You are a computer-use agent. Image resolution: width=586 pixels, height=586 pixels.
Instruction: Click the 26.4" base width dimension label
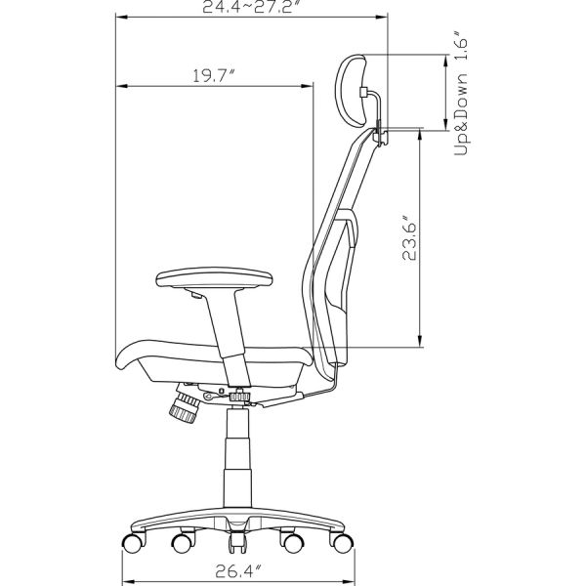click(237, 571)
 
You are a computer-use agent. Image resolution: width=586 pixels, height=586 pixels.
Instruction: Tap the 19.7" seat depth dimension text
click(213, 76)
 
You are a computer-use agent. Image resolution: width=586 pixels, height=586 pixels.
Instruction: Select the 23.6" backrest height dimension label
click(409, 238)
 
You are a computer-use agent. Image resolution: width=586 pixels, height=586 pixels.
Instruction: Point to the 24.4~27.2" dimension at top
click(252, 7)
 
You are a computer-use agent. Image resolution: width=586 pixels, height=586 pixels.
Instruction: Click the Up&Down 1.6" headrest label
click(461, 93)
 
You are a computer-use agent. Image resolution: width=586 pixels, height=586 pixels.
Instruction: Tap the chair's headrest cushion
click(351, 91)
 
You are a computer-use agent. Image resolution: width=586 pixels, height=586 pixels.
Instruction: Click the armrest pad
click(214, 278)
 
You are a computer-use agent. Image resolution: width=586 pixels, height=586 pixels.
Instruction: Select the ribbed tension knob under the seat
click(185, 408)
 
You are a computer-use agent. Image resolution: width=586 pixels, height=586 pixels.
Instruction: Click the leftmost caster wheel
click(133, 543)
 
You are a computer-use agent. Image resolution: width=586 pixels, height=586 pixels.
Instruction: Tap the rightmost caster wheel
click(343, 543)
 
